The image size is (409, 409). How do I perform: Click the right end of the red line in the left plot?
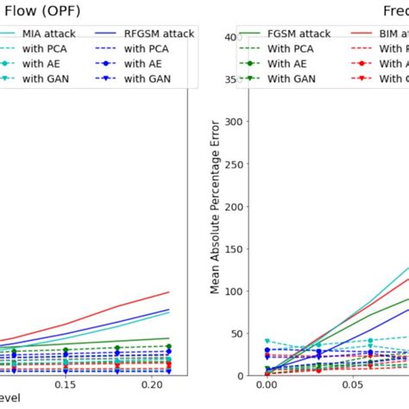168,292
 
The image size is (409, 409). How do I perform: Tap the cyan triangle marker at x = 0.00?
267,342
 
